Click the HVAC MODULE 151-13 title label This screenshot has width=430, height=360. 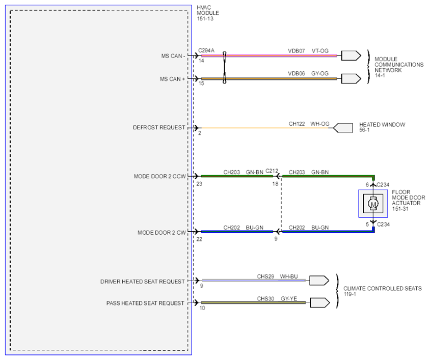click(x=208, y=13)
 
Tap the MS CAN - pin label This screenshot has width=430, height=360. click(x=173, y=56)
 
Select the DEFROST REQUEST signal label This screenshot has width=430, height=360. click(x=159, y=127)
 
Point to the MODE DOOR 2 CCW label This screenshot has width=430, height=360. click(x=160, y=176)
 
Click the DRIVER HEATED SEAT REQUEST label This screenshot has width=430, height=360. click(x=142, y=282)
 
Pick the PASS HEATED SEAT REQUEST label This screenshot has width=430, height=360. click(x=145, y=303)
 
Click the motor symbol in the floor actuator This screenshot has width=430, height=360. click(x=373, y=204)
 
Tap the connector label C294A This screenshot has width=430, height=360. click(x=206, y=50)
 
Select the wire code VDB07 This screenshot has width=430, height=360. click(x=296, y=51)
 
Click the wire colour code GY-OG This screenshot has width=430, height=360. click(x=320, y=73)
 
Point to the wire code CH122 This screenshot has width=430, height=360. click(x=297, y=124)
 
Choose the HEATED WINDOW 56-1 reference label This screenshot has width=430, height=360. click(x=382, y=127)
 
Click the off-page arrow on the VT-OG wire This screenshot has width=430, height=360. click(x=351, y=56)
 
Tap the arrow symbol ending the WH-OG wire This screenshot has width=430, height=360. click(x=343, y=128)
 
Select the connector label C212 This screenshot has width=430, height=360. click(x=272, y=171)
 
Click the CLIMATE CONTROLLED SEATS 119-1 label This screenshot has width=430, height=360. click(x=383, y=291)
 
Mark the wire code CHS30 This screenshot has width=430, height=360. click(x=265, y=298)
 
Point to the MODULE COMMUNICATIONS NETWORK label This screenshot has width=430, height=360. click(x=399, y=67)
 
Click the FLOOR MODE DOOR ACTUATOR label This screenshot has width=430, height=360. click(x=408, y=201)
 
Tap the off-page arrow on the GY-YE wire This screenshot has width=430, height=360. click(x=320, y=302)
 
